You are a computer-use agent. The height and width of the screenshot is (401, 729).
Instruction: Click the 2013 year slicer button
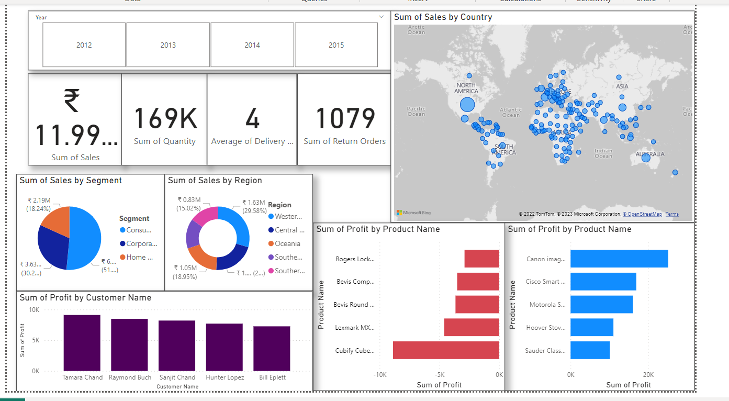point(168,45)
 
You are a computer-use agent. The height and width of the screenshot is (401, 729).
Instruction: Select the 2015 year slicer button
point(336,45)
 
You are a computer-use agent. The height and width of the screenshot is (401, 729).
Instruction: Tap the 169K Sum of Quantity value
point(165,118)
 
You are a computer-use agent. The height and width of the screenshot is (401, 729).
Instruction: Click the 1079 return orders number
point(345,118)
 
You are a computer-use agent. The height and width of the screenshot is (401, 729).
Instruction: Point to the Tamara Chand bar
point(82,342)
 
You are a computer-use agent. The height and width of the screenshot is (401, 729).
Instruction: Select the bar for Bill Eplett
point(272,348)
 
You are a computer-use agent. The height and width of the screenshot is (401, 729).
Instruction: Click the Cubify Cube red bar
point(446,350)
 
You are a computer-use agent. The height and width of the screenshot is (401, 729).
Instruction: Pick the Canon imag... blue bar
point(619,259)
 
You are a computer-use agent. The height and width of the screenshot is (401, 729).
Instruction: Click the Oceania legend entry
point(287,243)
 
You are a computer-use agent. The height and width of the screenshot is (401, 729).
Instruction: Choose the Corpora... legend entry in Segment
point(141,243)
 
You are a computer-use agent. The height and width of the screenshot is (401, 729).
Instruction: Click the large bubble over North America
point(467,105)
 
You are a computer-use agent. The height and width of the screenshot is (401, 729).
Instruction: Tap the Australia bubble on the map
point(646,158)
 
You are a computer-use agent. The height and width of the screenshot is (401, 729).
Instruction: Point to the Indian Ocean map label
point(603,153)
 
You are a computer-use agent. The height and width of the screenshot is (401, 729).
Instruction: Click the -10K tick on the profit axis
point(379,375)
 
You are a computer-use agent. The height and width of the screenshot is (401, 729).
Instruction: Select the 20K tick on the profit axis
point(648,375)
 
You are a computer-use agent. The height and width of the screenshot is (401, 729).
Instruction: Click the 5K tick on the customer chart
point(34,340)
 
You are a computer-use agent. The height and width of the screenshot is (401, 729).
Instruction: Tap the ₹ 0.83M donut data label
point(189,199)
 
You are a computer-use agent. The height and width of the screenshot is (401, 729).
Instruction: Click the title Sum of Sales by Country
point(443,17)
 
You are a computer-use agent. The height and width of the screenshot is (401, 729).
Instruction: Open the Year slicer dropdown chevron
point(381,17)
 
